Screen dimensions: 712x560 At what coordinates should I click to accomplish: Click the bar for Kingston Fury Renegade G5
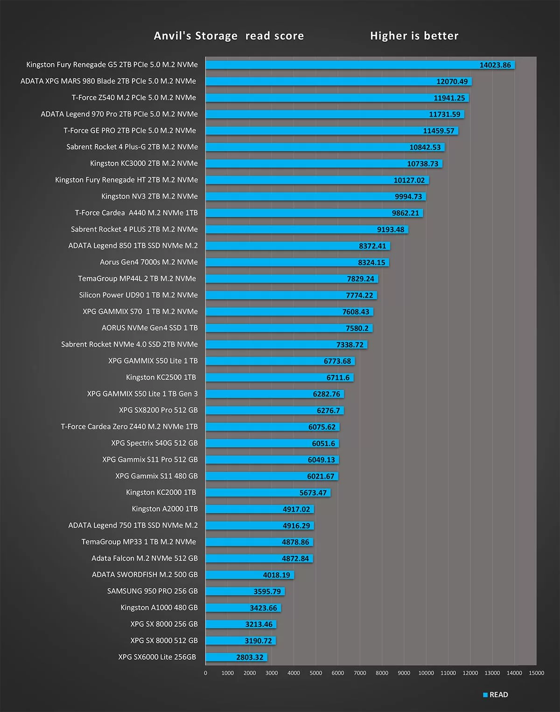(359, 65)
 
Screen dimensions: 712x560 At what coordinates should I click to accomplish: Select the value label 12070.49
(452, 82)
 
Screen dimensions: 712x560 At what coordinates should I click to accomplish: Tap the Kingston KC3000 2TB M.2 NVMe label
(144, 163)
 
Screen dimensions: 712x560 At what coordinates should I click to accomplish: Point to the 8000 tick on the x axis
(382, 673)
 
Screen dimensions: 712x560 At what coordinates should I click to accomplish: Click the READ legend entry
(496, 695)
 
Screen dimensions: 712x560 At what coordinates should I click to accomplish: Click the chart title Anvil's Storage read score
(229, 36)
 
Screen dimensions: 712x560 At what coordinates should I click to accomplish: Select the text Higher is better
(414, 36)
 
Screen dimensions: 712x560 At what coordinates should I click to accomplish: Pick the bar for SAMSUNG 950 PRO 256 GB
(245, 591)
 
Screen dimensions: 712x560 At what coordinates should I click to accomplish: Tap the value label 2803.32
(250, 657)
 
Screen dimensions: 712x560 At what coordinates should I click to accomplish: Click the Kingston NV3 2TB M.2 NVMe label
(149, 196)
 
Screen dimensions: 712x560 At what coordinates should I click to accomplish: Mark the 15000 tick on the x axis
(536, 673)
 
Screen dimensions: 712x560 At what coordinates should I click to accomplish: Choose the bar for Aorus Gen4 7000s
(297, 263)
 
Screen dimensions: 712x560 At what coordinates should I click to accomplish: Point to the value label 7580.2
(357, 328)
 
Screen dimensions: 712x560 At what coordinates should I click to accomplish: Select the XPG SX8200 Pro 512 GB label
(158, 410)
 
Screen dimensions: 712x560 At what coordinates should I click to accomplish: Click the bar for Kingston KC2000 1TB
(268, 493)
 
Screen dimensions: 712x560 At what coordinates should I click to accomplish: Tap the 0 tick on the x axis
(205, 673)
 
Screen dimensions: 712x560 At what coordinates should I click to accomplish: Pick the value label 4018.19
(276, 575)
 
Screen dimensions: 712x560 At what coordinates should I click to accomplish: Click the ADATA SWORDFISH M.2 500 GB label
(145, 574)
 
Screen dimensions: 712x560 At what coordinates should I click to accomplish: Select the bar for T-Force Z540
(337, 98)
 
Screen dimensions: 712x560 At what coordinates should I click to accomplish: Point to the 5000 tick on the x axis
(316, 673)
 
